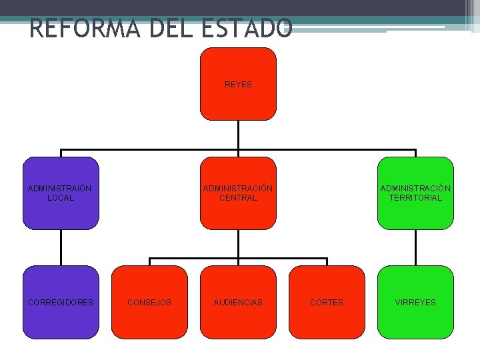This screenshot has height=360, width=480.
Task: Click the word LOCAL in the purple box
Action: coord(61,198)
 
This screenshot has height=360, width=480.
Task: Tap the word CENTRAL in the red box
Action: coord(238,198)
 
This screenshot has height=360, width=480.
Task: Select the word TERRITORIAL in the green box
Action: coord(415,198)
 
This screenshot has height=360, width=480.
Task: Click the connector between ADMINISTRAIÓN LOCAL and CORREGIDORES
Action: coord(61,247)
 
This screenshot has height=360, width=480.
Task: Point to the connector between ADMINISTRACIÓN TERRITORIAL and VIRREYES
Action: coord(415,247)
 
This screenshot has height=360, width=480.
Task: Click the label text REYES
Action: coord(238,85)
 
